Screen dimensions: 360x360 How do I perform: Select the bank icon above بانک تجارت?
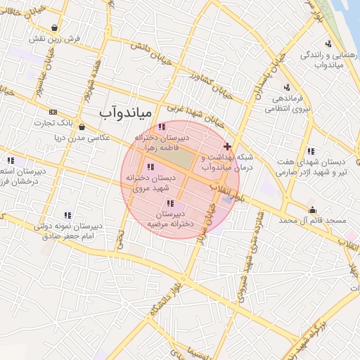[x=53, y=112]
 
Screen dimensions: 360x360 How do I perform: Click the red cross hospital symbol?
[x=226, y=146]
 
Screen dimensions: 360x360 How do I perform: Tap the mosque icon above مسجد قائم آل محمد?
[x=313, y=210]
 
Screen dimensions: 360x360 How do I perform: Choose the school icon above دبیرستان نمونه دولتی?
[x=67, y=215]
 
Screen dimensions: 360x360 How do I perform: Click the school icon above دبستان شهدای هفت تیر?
[x=310, y=151]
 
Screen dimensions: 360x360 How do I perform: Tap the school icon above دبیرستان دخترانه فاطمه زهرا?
[x=162, y=127]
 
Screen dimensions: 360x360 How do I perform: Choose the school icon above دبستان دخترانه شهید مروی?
[x=150, y=167]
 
